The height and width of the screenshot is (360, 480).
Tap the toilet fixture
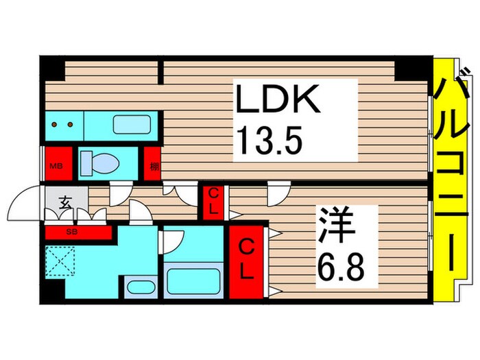pyautogui.click(x=100, y=163)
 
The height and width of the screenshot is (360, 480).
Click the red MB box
pyautogui.click(x=56, y=164)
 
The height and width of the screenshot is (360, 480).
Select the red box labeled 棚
pyautogui.click(x=152, y=164)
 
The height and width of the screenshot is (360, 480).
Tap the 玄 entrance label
pyautogui.click(x=65, y=203)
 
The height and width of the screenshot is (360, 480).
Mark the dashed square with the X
pyautogui.click(x=62, y=261)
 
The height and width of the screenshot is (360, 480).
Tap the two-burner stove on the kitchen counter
pyautogui.click(x=64, y=125)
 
